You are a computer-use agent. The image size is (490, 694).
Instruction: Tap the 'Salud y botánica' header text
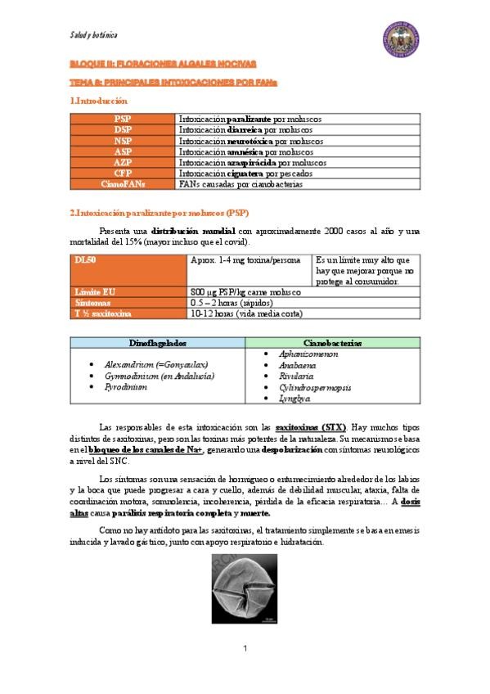93,35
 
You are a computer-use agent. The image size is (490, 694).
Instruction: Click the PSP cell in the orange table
123,119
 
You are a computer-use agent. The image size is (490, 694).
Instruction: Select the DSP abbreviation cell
123,129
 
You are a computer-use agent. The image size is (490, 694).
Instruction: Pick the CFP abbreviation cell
123,173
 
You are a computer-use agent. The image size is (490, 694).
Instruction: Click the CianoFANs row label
123,184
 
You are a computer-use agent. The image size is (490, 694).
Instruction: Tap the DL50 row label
86,259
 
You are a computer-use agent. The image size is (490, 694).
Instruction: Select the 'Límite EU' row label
92,291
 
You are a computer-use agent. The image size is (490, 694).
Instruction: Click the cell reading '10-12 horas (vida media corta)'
245,313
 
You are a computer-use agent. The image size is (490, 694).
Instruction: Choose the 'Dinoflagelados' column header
158,343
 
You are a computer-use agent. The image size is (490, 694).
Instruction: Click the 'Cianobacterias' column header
332,343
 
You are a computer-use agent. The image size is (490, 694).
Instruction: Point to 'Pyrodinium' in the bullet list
125,387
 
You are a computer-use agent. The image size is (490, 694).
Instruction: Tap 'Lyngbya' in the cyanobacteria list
294,399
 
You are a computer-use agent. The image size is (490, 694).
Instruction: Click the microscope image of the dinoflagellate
245,589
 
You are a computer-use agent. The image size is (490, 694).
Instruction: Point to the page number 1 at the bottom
245,649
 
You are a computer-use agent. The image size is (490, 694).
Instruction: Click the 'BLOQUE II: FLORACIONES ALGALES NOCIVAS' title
163,63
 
